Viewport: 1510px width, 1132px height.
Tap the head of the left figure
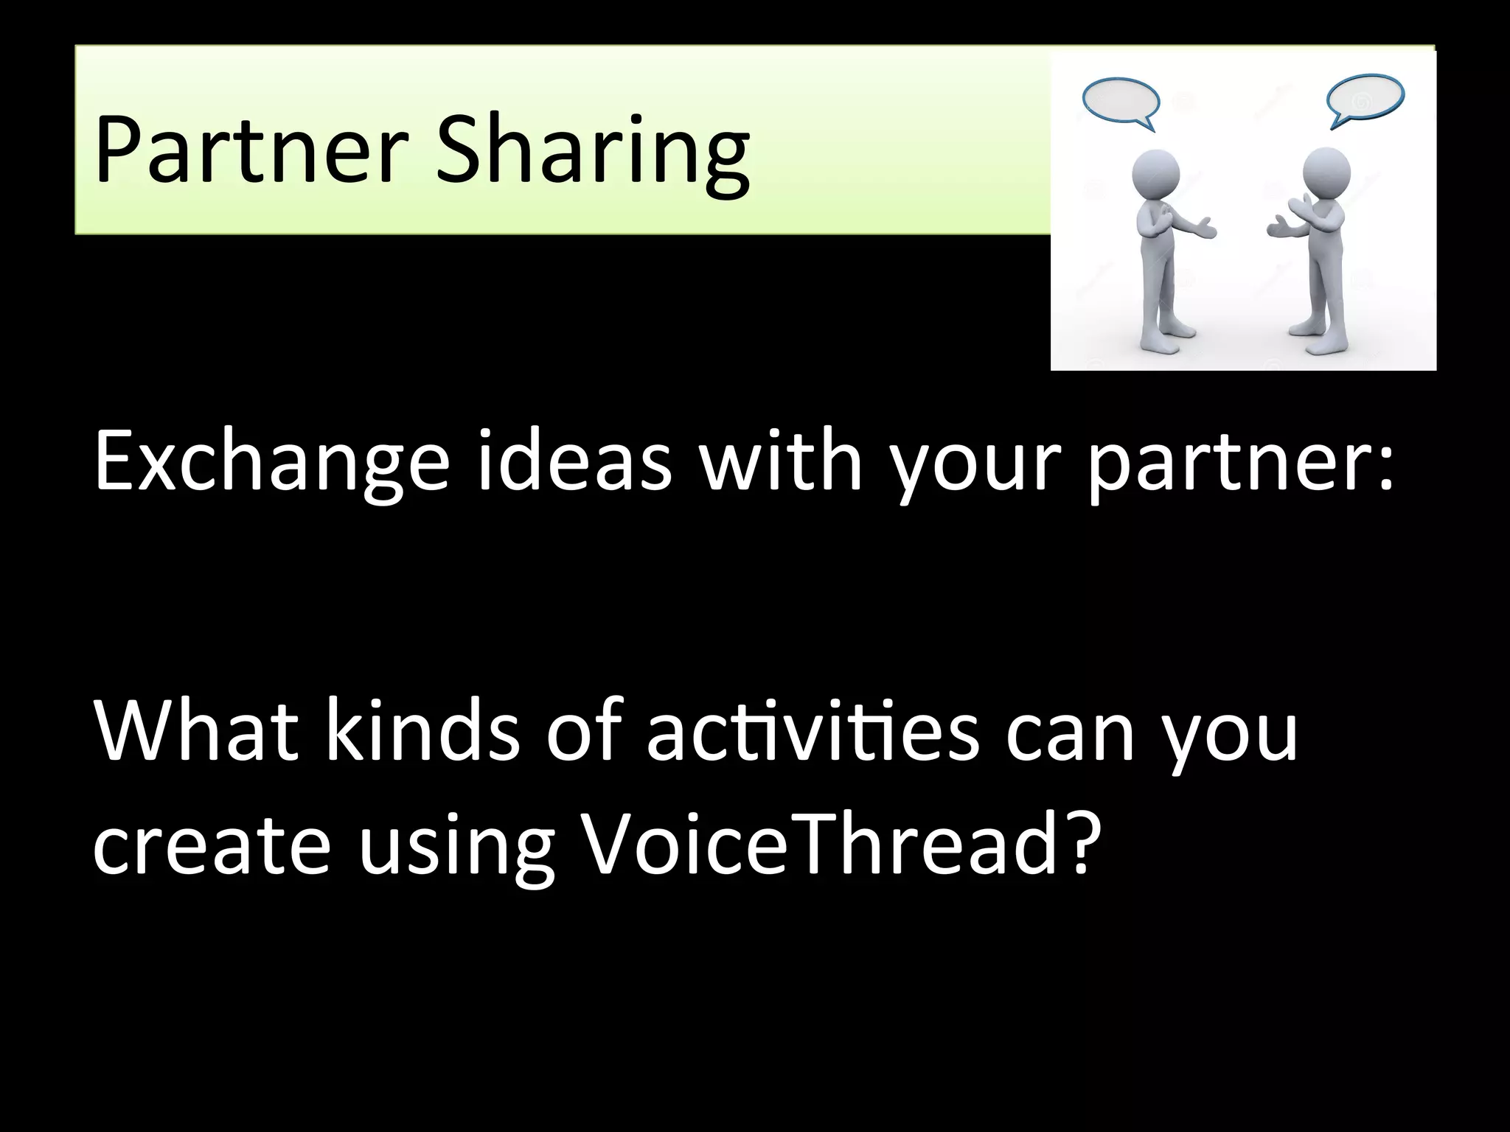(1155, 175)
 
